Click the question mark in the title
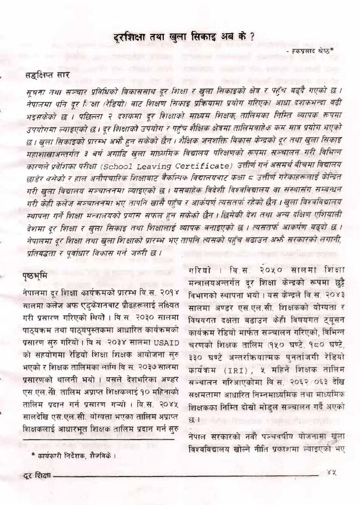click(252, 35)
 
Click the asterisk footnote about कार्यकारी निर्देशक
click(74, 455)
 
